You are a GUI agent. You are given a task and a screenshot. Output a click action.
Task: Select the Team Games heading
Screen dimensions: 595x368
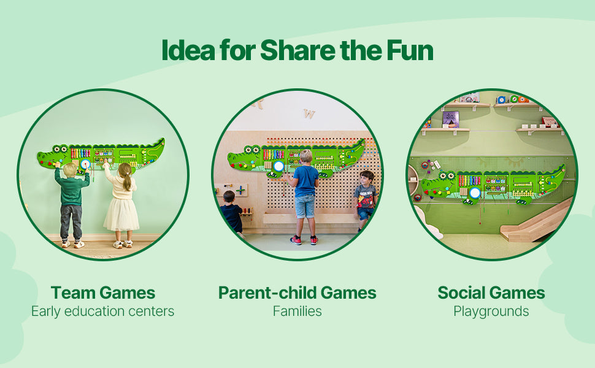(x=103, y=293)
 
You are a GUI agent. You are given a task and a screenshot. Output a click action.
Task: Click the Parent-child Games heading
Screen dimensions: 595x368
(x=297, y=293)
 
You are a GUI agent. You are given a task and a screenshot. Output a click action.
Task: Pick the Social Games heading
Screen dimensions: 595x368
(x=491, y=293)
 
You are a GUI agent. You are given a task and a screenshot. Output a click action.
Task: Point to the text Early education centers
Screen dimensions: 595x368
(x=103, y=312)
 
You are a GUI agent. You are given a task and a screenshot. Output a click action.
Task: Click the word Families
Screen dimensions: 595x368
(x=297, y=312)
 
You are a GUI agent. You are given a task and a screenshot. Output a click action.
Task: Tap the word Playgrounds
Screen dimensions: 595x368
(x=491, y=312)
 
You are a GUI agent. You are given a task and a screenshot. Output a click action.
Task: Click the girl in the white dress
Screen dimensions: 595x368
(x=121, y=205)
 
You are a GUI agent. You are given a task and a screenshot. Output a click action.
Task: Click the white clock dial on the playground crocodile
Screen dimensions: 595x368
(x=475, y=193)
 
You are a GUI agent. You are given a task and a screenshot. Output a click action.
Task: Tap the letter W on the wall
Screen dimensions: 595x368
(x=309, y=113)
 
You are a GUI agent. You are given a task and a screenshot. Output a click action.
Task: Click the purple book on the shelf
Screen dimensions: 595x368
(x=450, y=119)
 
